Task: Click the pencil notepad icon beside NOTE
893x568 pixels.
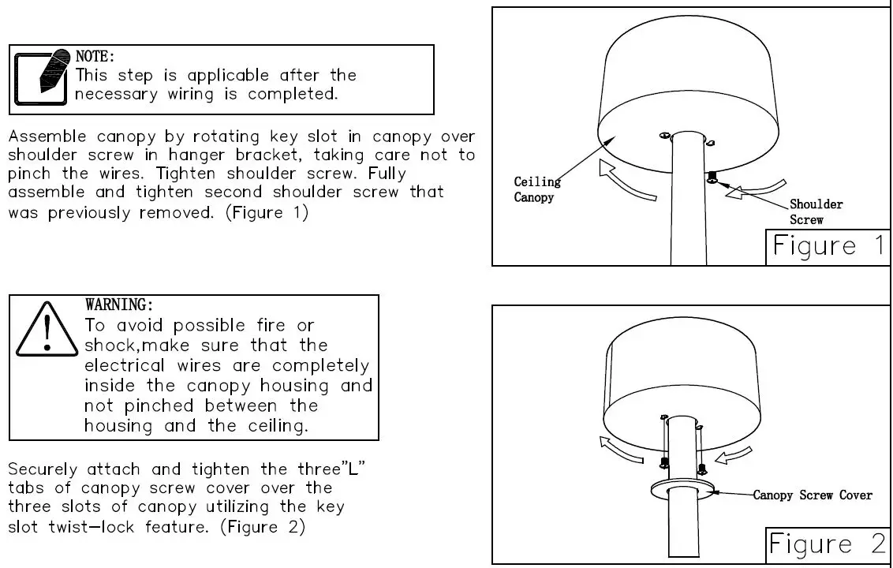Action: click(42, 78)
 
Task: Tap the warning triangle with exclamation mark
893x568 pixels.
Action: click(47, 329)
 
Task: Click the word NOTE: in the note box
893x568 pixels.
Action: click(95, 57)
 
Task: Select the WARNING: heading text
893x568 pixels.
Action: click(118, 305)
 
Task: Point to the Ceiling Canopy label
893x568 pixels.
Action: click(537, 189)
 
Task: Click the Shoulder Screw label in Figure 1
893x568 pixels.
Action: click(816, 211)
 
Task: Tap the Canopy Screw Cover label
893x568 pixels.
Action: click(813, 495)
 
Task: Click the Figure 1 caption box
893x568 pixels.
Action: click(828, 246)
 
